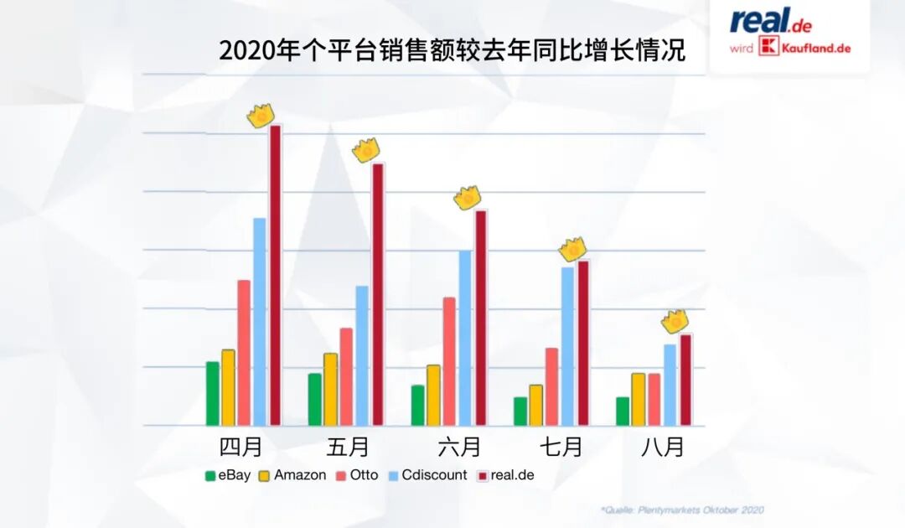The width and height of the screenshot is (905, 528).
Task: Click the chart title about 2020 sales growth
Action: pos(452,49)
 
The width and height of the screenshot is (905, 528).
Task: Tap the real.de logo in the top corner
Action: pos(770,21)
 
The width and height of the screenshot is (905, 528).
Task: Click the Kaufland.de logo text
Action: pos(804,48)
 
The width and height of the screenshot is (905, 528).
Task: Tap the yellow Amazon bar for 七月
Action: pos(535,405)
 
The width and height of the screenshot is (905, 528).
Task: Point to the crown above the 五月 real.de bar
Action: pos(366,150)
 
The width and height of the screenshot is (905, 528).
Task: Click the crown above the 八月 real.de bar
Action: pos(675,321)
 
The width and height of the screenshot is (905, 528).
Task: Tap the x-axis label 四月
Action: pos(240,447)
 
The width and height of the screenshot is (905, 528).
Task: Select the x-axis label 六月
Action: pos(459,447)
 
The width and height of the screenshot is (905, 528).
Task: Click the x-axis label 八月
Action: pos(662,447)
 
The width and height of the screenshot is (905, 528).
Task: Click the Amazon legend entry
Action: pos(292,475)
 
